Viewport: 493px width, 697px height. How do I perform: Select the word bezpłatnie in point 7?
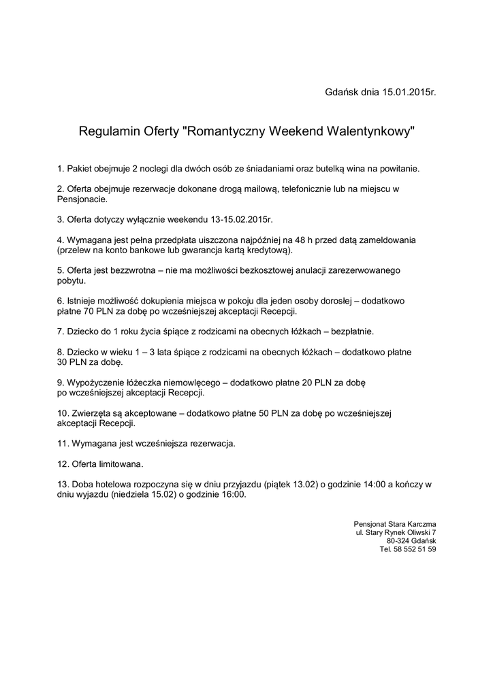(352, 331)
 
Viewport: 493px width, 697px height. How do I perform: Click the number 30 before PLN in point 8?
(63, 363)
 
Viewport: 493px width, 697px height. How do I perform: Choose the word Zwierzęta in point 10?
(94, 413)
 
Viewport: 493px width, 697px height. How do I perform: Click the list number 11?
(62, 444)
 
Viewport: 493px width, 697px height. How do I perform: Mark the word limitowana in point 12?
(120, 464)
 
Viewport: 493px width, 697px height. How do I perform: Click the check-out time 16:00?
(232, 494)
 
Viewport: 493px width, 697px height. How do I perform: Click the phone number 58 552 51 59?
(415, 549)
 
